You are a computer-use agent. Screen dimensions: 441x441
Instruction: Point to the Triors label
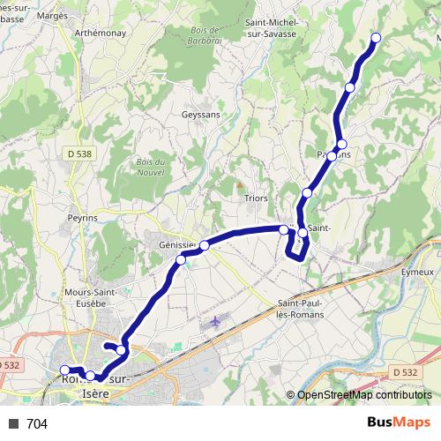pyautogui.click(x=256, y=198)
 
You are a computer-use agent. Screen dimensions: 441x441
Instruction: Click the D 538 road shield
pyautogui.click(x=78, y=153)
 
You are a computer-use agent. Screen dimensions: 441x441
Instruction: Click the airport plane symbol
pyautogui.click(x=214, y=322)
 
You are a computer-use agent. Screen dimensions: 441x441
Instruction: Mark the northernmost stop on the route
pyautogui.click(x=376, y=37)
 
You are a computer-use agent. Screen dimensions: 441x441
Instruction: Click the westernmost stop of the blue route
pyautogui.click(x=64, y=370)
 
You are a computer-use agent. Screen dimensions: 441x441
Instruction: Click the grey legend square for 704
pyautogui.click(x=13, y=424)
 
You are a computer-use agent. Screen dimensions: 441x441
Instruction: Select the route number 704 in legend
pyautogui.click(x=37, y=424)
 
